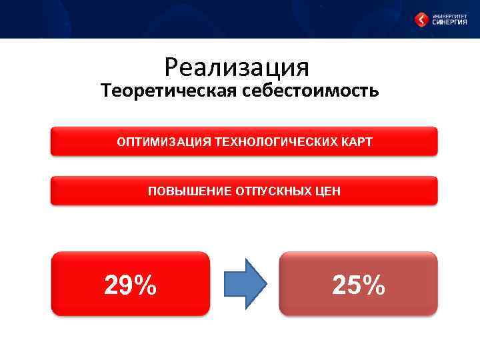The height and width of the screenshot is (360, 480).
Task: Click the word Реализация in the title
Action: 237,67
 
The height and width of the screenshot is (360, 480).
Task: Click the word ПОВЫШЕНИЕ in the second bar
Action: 189,191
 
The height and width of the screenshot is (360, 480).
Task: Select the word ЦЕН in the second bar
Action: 328,191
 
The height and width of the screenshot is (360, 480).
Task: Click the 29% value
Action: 131,285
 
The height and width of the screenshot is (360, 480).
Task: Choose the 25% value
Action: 359,285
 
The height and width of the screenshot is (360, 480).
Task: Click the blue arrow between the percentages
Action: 244,284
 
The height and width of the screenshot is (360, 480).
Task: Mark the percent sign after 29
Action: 145,285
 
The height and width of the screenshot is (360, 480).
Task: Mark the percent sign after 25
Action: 373,285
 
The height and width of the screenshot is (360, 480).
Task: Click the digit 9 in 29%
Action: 125,285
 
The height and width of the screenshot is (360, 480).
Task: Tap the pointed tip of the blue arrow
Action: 265,284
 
